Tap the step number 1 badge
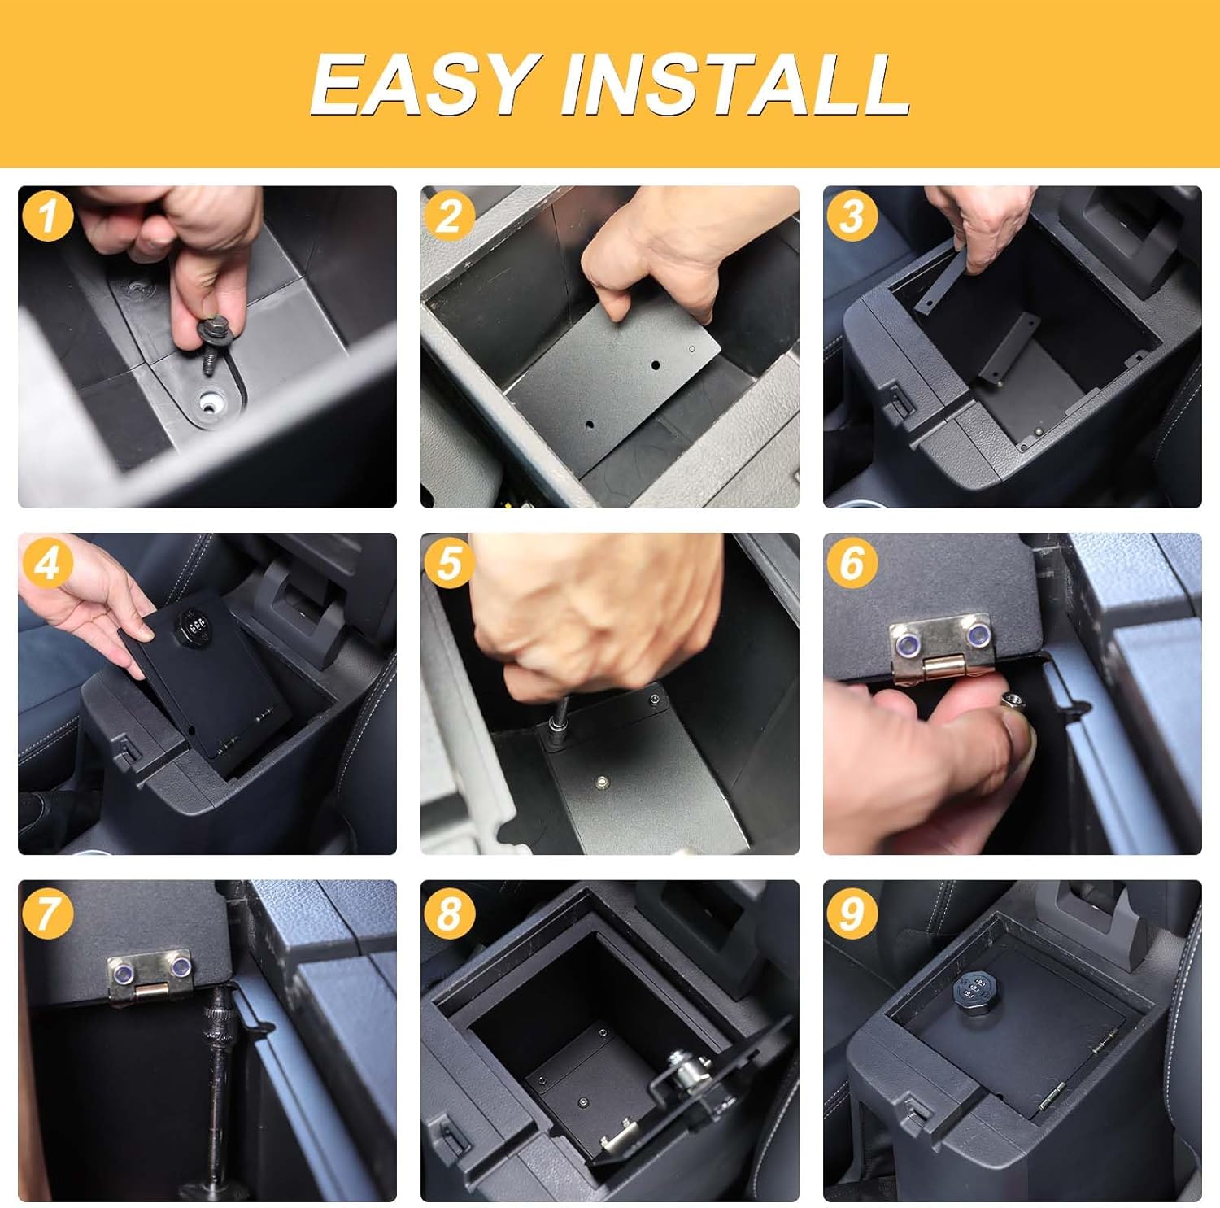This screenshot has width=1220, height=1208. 48,216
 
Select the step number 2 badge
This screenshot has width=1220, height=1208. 449,216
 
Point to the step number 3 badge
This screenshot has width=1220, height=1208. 852,216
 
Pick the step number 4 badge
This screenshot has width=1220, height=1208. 48,564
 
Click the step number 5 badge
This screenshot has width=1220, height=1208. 449,564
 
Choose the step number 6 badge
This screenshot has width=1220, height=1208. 852,564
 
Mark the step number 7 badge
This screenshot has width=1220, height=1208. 48,912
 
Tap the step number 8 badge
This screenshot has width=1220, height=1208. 449,912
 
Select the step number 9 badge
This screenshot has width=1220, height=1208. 852,912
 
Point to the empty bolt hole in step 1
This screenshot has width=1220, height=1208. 212,400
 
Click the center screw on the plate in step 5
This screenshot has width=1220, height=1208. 603,782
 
